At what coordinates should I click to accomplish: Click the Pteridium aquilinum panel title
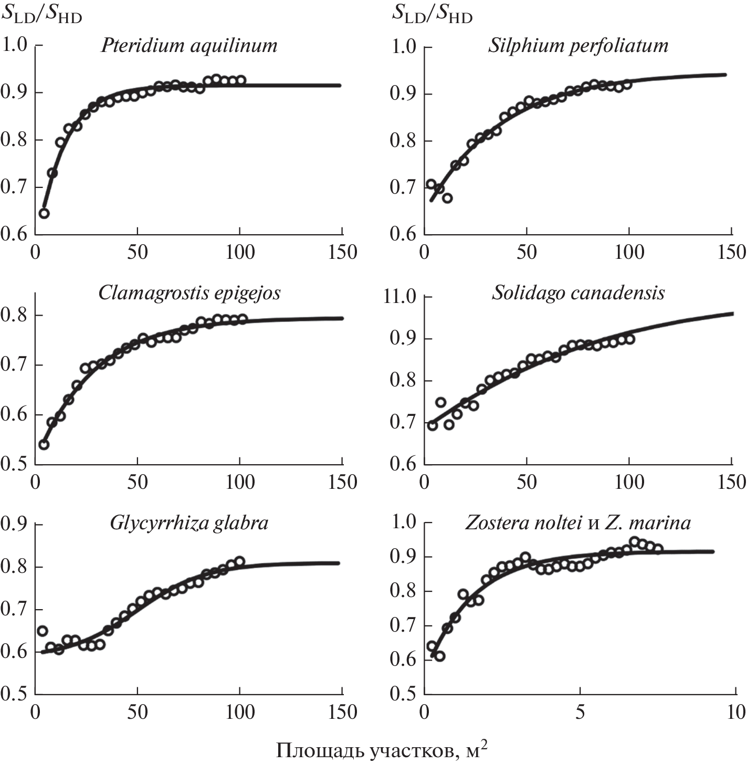189,46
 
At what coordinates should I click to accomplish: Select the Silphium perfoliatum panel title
578,46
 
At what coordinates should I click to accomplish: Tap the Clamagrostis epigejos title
190,292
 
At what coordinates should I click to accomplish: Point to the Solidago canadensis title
578,292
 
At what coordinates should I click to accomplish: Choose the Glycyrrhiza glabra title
189,523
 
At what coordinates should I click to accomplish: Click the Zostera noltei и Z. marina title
578,523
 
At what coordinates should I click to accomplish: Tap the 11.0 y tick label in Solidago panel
400,297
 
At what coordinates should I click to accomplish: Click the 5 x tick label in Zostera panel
580,713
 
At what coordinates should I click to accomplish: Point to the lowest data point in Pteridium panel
44,213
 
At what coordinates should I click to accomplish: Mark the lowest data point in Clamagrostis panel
44,445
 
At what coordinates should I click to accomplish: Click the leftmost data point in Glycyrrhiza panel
43,631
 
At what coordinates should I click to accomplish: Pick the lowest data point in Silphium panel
447,198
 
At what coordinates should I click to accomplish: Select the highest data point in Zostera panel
634,541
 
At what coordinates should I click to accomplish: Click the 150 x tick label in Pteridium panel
342,252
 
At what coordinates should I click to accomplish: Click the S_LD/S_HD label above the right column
432,15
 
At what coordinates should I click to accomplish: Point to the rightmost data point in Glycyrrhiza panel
239,561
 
